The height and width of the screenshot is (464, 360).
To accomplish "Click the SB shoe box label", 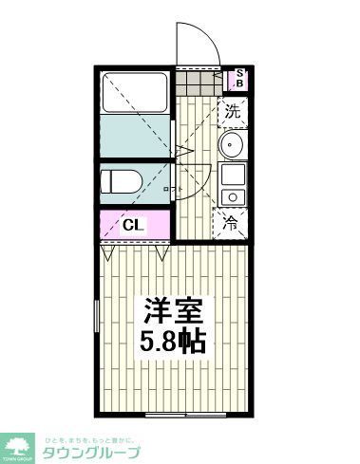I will [x=240, y=79].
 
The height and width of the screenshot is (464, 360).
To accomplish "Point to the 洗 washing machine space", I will [x=234, y=111].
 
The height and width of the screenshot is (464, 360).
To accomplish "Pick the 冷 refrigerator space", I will [x=232, y=224].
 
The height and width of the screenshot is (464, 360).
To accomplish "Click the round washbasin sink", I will [x=232, y=145].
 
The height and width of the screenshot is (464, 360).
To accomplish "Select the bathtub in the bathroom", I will [x=135, y=91].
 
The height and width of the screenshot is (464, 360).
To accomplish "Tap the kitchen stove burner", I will [x=232, y=195].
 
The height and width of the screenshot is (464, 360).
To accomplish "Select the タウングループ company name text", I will [x=101, y=451].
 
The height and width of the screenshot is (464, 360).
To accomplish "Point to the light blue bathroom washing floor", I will [x=135, y=136].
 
